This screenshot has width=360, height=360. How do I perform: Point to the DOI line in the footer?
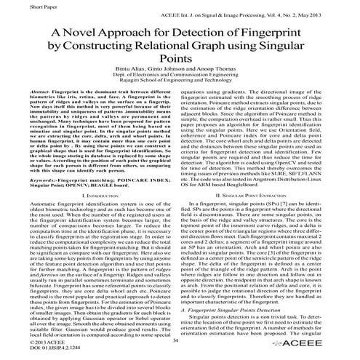[36, 350]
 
